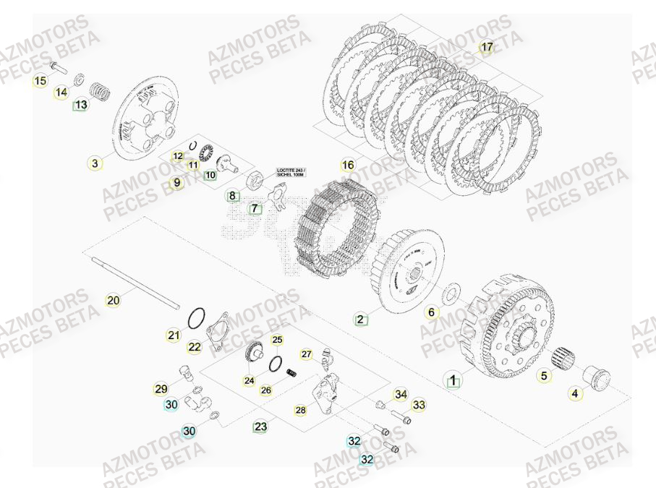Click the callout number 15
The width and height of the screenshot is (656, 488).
click(x=40, y=81)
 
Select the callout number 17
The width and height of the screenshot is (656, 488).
click(x=487, y=48)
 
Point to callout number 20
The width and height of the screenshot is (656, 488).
click(x=113, y=300)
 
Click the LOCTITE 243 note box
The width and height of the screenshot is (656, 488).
click(x=291, y=173)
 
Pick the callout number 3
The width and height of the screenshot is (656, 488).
click(x=95, y=163)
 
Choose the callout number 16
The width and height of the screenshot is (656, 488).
click(x=348, y=165)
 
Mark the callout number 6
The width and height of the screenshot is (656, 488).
click(x=431, y=312)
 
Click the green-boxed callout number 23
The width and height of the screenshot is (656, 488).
click(x=260, y=427)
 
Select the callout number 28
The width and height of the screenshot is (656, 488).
click(x=300, y=410)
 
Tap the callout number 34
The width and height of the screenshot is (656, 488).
click(x=400, y=395)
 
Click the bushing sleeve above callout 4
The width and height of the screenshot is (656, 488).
click(x=596, y=377)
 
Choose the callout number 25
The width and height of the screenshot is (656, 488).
click(x=277, y=340)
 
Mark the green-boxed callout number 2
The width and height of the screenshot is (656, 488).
click(x=360, y=318)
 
